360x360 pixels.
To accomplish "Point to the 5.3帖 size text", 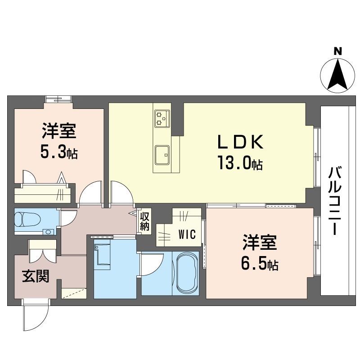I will [x=58, y=153].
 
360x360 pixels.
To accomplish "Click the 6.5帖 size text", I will [x=260, y=264].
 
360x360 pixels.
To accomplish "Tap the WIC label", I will [x=186, y=234].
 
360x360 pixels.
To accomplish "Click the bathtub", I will [x=186, y=273].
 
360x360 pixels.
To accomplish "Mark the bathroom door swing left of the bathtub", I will [x=153, y=261].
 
